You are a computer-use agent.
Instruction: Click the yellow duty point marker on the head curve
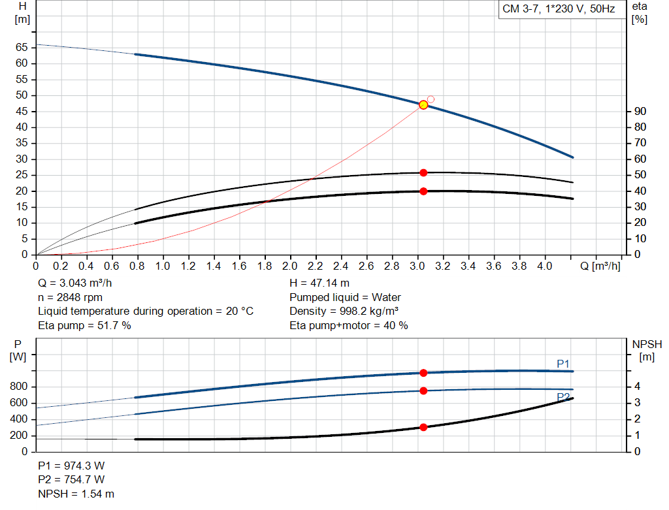[x=423, y=104]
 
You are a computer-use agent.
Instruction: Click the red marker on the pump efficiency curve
[x=423, y=172]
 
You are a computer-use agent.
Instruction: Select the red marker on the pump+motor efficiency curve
[x=423, y=191]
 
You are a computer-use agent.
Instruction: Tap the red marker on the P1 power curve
[x=423, y=373]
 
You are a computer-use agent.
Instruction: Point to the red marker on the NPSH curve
[x=423, y=427]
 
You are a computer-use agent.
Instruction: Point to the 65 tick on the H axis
[x=22, y=48]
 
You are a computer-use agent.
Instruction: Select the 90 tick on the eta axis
[x=640, y=112]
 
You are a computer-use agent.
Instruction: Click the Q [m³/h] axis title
[x=600, y=266]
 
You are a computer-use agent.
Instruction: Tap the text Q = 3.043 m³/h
[x=78, y=283]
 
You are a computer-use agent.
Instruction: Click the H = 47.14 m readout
[x=321, y=283]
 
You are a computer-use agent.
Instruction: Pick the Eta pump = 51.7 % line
[x=84, y=325]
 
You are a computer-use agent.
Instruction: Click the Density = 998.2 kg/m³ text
[x=344, y=311]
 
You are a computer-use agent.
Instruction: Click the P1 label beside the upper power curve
[x=563, y=364]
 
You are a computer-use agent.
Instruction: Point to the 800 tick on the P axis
[x=19, y=387]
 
